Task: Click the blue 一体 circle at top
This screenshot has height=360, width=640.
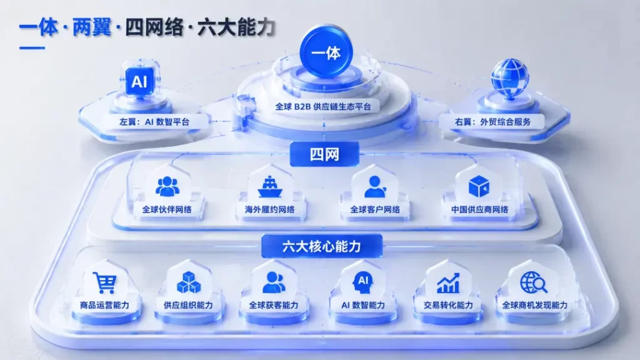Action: [326, 52]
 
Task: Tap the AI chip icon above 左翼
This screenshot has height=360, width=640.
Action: [139, 81]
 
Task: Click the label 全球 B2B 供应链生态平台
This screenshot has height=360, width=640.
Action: [323, 107]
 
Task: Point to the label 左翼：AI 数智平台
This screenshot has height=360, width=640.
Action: [154, 122]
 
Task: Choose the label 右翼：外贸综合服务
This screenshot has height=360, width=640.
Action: [492, 122]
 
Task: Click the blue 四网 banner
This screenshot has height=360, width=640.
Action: [324, 154]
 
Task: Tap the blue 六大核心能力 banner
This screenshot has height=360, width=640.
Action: [322, 246]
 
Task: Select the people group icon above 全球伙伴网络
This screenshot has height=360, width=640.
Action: [167, 186]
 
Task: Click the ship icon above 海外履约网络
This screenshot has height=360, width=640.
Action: [270, 187]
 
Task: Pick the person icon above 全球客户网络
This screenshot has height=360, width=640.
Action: [375, 187]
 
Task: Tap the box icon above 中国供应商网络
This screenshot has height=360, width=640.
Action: [479, 186]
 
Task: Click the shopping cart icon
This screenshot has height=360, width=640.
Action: [105, 282]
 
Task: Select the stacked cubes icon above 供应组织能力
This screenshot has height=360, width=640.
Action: [189, 282]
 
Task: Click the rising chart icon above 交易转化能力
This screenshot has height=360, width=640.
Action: [448, 283]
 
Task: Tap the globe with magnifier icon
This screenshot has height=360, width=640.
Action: [534, 282]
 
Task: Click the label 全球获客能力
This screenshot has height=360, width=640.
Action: [274, 305]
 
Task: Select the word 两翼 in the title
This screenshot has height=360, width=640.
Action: [92, 27]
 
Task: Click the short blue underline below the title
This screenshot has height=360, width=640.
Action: [32, 47]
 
